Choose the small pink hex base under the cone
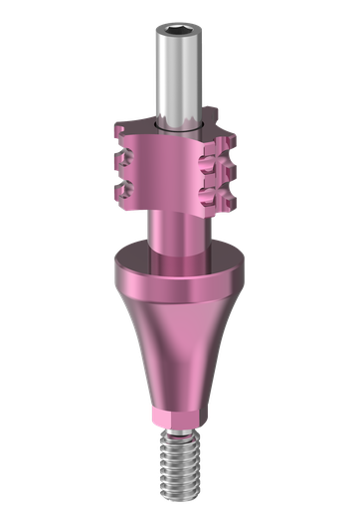click(180, 414)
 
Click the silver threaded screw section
click(180, 462)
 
